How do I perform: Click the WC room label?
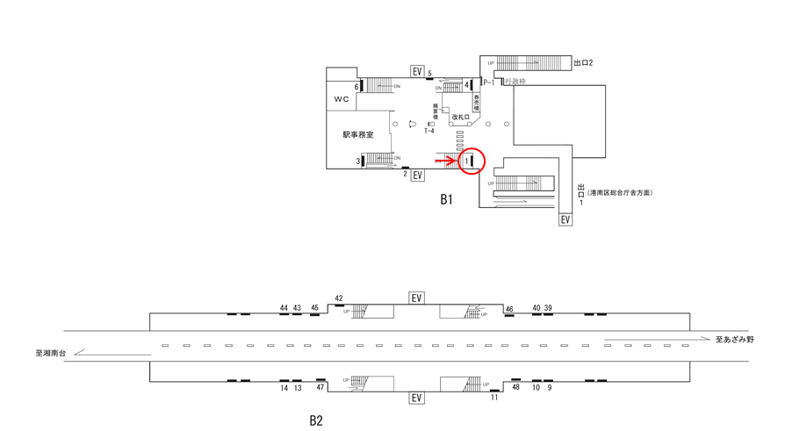coord(341,99)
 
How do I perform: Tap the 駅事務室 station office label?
coord(358,135)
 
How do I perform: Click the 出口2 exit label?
coord(584,63)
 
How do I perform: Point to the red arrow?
coord(446,161)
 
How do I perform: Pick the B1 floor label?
coord(447,199)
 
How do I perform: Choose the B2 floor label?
coord(316,420)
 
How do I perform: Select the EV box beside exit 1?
coord(566,219)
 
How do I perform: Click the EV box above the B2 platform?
coord(417,298)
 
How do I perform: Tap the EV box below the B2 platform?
coord(417,398)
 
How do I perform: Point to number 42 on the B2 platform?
coord(339,298)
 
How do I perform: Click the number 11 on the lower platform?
coord(494,397)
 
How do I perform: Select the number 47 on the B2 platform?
coord(321,387)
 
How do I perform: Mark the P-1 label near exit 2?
coord(489,82)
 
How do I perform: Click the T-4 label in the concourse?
coord(429,131)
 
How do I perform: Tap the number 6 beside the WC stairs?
coord(357,86)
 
